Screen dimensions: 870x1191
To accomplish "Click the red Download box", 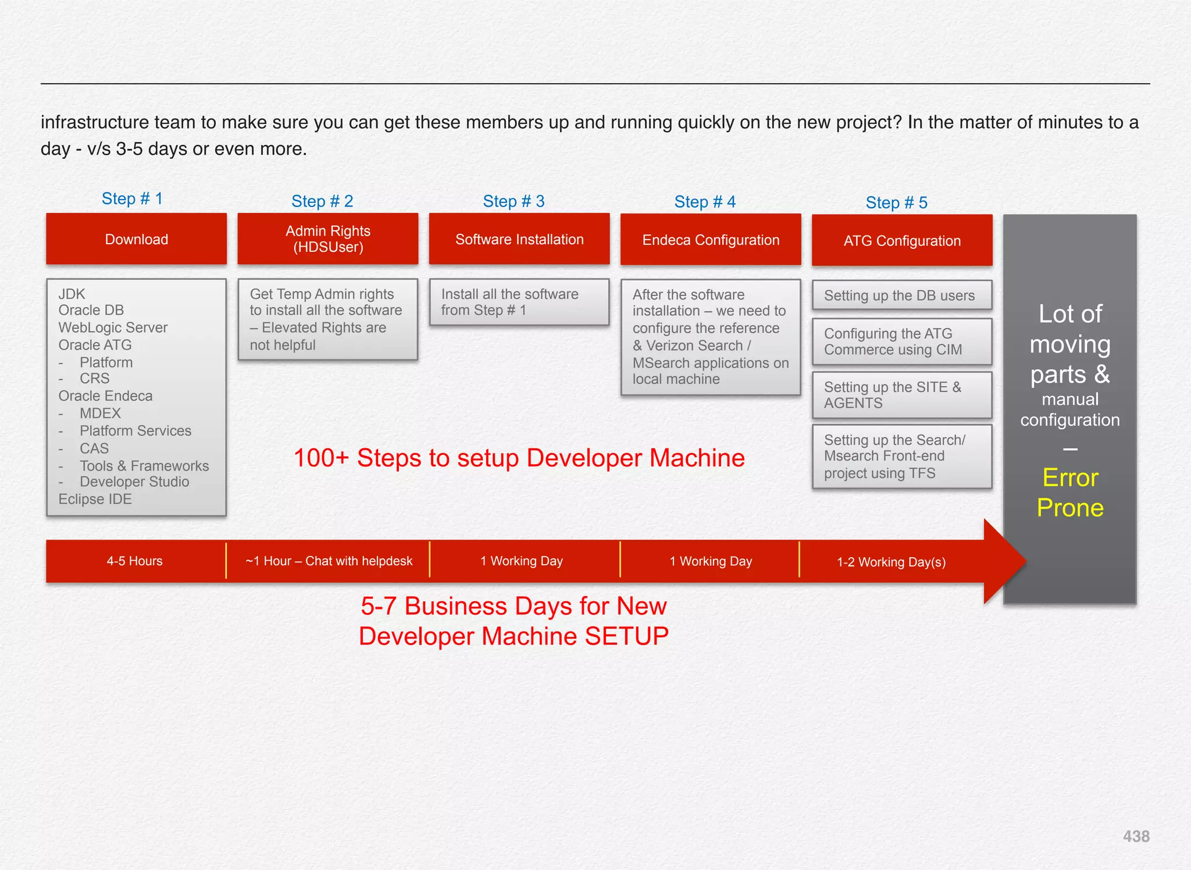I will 136,239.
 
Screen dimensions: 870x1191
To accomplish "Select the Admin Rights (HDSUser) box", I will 327,239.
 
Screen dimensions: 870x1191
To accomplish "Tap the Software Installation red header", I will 519,239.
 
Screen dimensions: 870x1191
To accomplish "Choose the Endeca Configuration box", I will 710,240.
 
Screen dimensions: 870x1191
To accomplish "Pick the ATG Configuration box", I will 901,240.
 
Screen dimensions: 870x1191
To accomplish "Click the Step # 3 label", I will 514,201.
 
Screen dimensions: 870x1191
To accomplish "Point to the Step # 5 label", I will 896,202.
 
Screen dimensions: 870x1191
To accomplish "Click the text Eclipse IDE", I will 95,499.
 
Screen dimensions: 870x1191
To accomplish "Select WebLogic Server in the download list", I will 113,327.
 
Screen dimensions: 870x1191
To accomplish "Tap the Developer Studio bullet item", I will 134,482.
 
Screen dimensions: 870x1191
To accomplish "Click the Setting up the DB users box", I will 899,295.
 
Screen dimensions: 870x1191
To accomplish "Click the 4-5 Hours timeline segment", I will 134,561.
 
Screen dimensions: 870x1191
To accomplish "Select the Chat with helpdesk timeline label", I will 329,561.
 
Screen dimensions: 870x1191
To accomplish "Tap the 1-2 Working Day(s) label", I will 891,562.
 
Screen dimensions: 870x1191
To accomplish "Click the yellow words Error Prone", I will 1070,493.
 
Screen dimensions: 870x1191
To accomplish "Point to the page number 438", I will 1136,836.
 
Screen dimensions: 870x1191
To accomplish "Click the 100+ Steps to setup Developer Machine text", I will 519,458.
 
